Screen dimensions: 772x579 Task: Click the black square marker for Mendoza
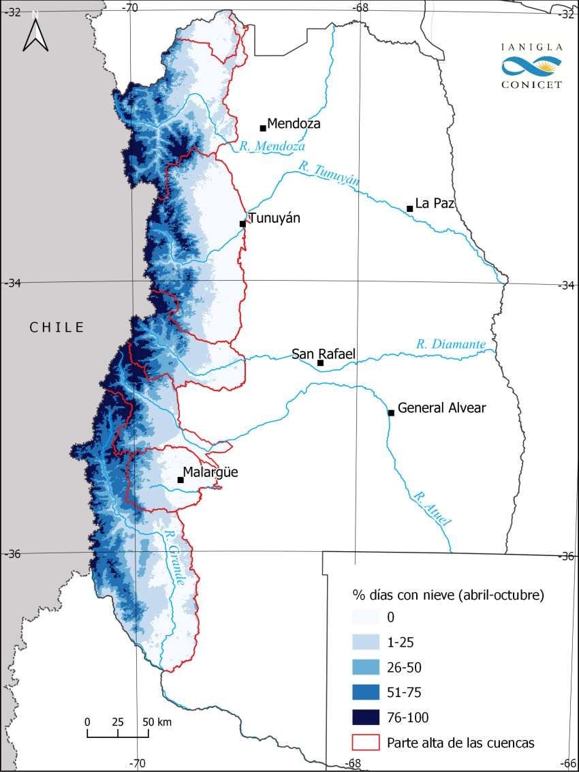tap(262, 127)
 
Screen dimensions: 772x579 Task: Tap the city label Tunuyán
tap(274, 218)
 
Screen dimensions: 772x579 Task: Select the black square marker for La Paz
tap(409, 209)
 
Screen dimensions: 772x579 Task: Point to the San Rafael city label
tap(324, 354)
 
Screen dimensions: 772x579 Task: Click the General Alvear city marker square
tap(391, 413)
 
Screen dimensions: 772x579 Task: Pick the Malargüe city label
tap(210, 472)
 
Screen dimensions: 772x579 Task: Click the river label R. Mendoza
tap(272, 146)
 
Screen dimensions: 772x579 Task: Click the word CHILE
tap(57, 328)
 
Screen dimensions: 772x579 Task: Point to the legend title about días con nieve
tap(448, 594)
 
